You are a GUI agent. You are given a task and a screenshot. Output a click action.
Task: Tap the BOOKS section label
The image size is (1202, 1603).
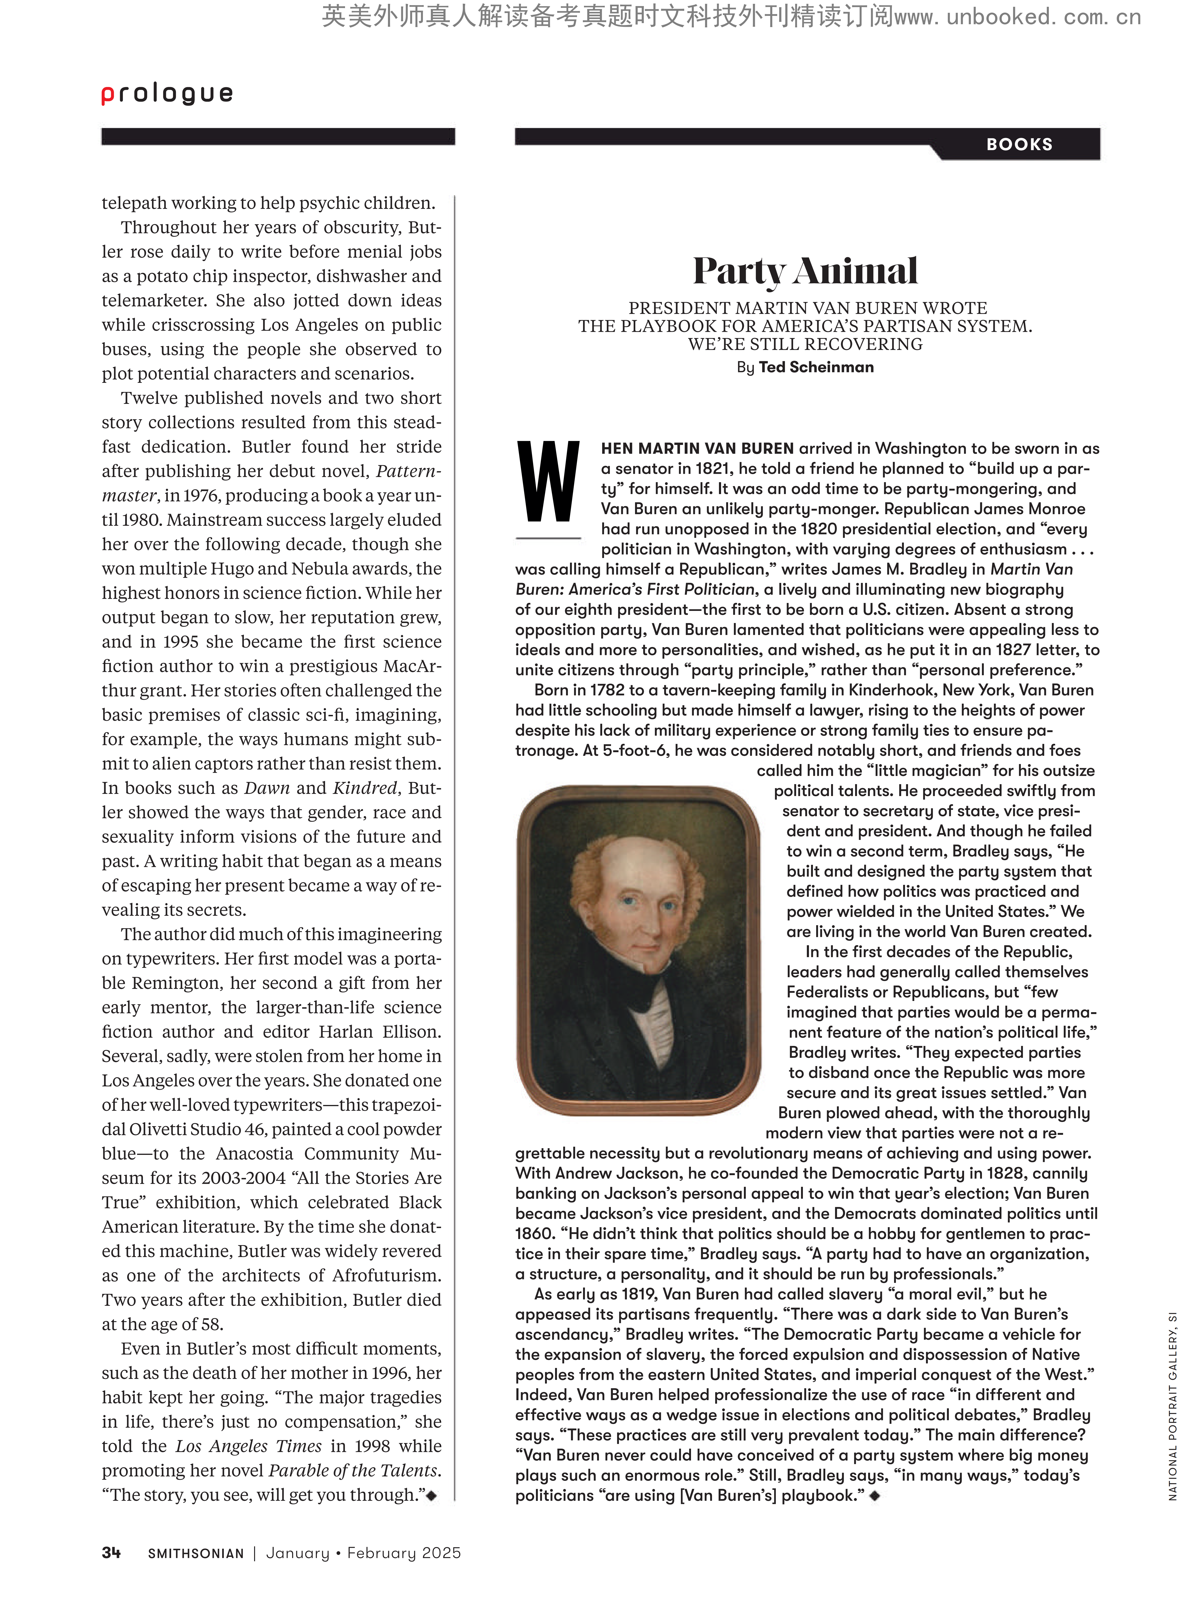point(1019,144)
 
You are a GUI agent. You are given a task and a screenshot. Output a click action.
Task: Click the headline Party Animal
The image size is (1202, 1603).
point(805,271)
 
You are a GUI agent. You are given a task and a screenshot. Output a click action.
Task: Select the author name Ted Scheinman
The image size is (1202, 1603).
point(816,367)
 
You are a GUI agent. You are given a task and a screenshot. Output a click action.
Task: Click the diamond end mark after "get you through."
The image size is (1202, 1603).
point(432,1495)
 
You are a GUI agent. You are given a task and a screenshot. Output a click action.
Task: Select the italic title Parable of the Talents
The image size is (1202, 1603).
point(354,1470)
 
